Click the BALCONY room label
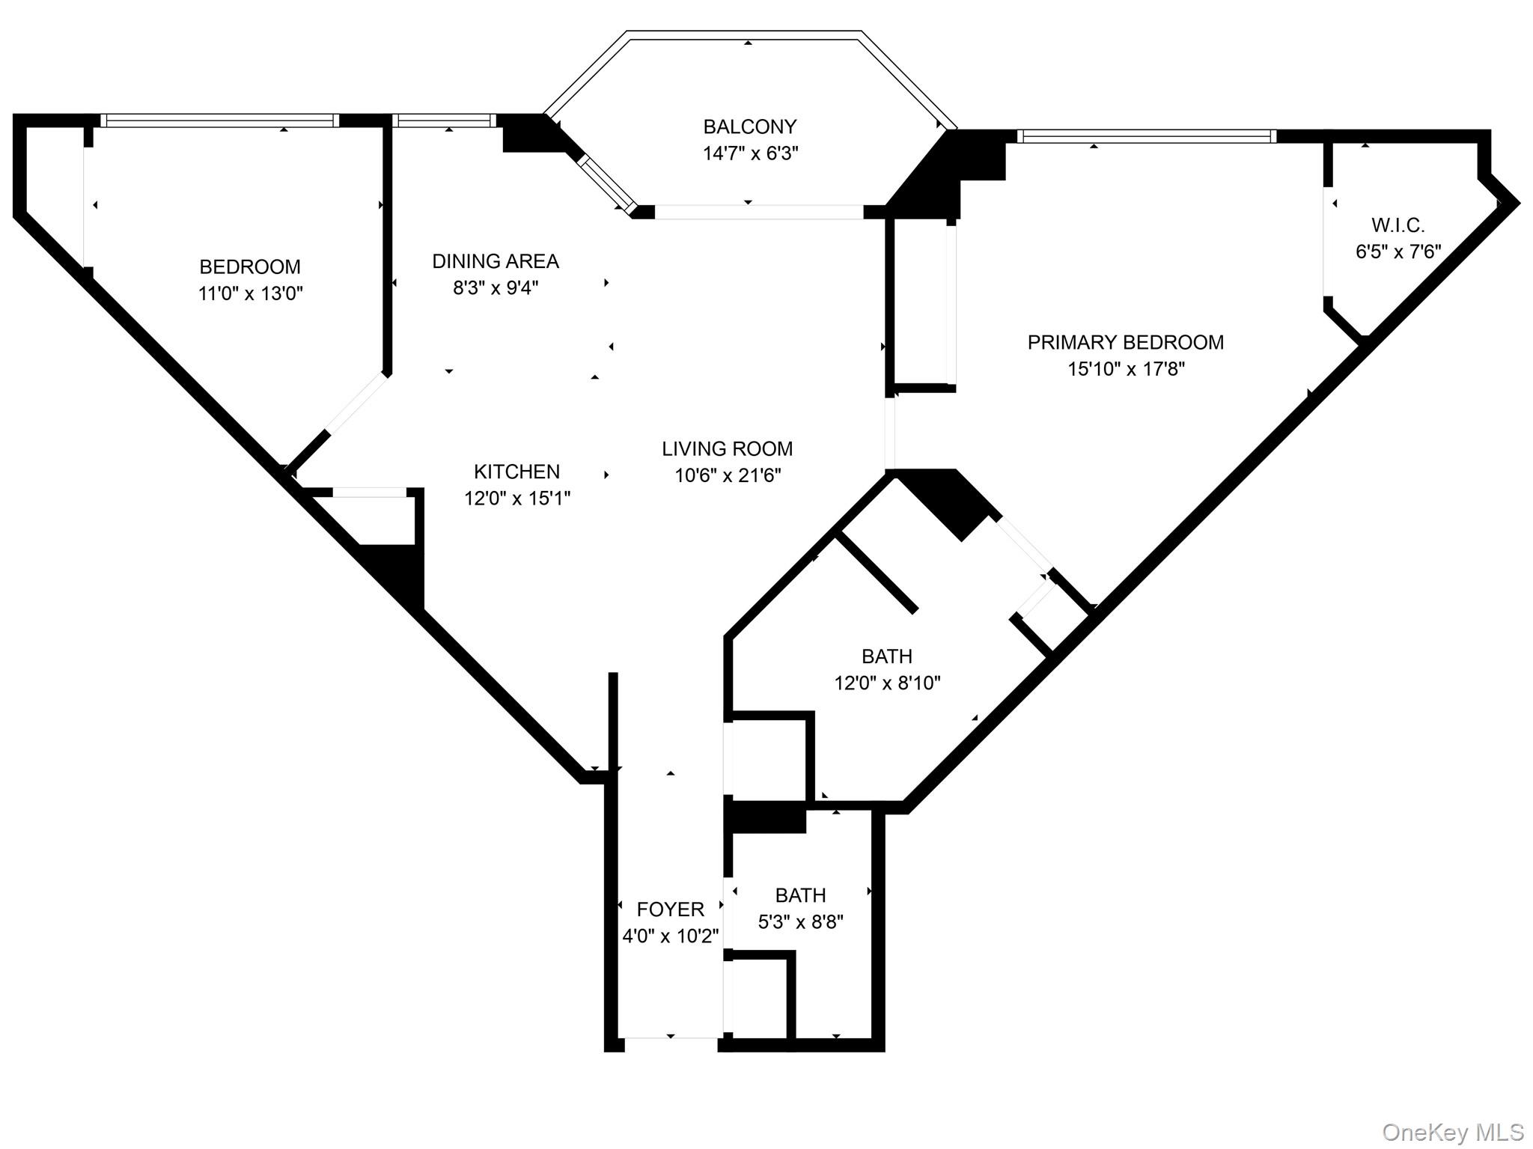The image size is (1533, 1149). point(749,127)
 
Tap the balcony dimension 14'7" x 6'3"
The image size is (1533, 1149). point(750,153)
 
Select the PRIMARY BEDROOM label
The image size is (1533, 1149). point(1125,342)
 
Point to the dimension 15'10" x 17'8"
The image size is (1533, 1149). point(1126,369)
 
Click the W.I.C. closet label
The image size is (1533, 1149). point(1398,225)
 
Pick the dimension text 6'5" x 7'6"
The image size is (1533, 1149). point(1398,252)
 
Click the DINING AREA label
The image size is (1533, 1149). point(496,261)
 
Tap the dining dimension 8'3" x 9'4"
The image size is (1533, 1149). point(496,288)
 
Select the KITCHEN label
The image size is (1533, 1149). point(516,472)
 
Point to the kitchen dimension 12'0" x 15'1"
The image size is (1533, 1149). point(517,499)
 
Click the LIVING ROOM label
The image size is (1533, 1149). point(727,448)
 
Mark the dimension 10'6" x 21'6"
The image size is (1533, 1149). point(728,475)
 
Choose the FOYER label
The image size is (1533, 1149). point(670,909)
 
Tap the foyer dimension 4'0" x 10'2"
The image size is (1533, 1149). point(670,936)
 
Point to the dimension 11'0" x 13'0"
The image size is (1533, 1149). point(250,293)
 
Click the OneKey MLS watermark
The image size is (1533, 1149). point(1452,1132)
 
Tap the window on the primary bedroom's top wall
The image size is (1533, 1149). point(1146,136)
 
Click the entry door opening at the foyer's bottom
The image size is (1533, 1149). point(671,1040)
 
